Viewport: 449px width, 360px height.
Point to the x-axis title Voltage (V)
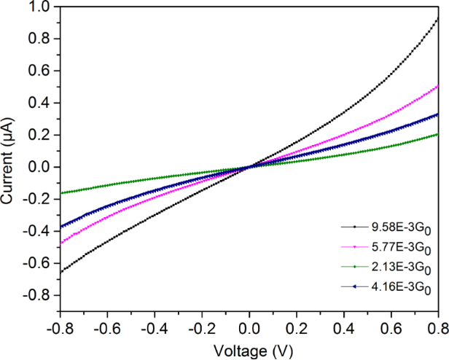[x=250, y=350]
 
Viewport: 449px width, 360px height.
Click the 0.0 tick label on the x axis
[x=249, y=328]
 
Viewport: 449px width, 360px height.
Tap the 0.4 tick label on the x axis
[x=343, y=328]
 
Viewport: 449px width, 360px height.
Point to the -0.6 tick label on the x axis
[x=106, y=328]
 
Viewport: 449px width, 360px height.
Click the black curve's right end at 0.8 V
[x=438, y=17]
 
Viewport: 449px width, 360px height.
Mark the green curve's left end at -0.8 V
[x=60, y=193]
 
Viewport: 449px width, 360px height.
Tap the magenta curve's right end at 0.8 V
[x=438, y=85]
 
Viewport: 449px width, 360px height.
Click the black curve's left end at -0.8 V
[x=60, y=272]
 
